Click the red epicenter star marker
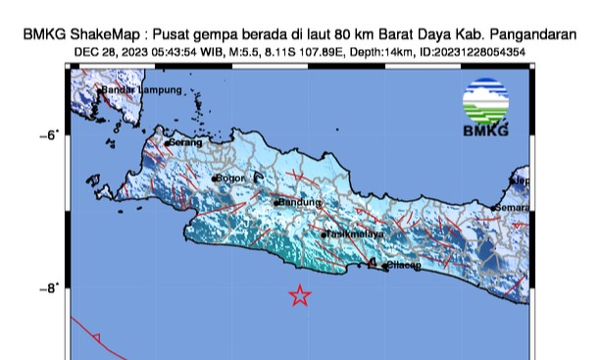coord(300,296)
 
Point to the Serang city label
coord(185,143)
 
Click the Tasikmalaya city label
coord(355,234)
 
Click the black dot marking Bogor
coord(214,179)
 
